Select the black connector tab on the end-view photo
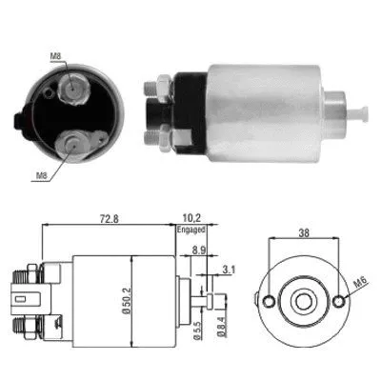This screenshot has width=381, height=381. (x=20, y=121)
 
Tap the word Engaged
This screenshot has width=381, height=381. (x=190, y=230)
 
